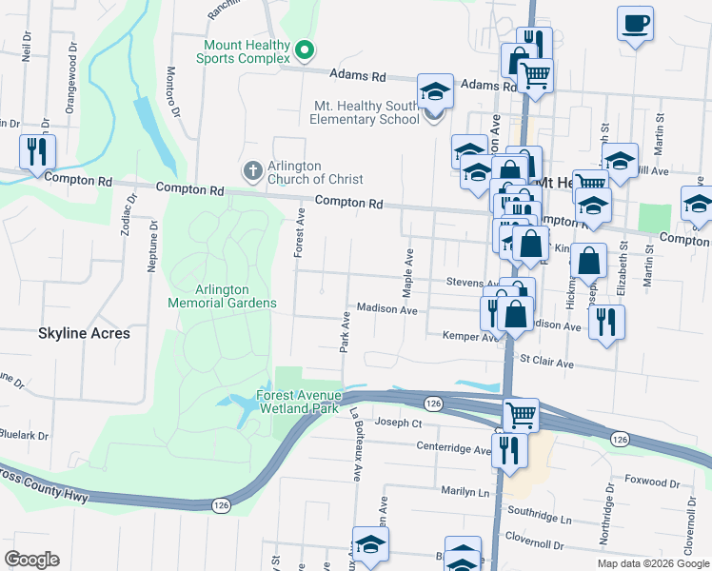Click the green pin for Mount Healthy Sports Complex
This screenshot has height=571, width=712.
pyautogui.click(x=304, y=50)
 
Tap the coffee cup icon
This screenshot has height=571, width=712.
pyautogui.click(x=635, y=24)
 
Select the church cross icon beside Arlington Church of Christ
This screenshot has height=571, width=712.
pyautogui.click(x=252, y=171)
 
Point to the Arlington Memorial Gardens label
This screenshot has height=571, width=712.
pyautogui.click(x=222, y=296)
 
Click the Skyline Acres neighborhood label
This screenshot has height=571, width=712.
pyautogui.click(x=84, y=334)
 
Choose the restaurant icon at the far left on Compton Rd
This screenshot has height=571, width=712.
pyautogui.click(x=37, y=152)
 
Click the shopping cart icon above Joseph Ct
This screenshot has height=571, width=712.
pyautogui.click(x=521, y=415)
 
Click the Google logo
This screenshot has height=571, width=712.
pyautogui.click(x=31, y=560)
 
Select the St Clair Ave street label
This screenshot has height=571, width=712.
pyautogui.click(x=545, y=363)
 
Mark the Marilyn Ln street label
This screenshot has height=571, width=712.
pyautogui.click(x=464, y=492)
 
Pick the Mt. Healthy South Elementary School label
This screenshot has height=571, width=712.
pyautogui.click(x=366, y=112)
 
